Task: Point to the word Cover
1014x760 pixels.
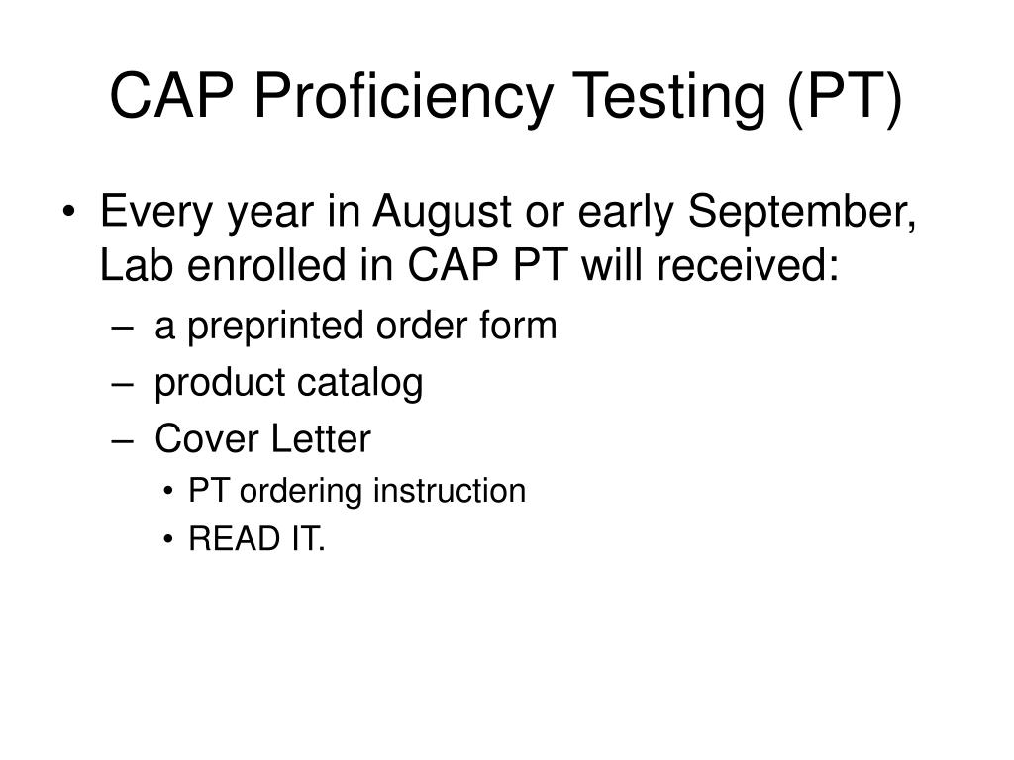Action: [x=198, y=438]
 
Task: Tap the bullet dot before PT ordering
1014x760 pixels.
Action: [x=173, y=491]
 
